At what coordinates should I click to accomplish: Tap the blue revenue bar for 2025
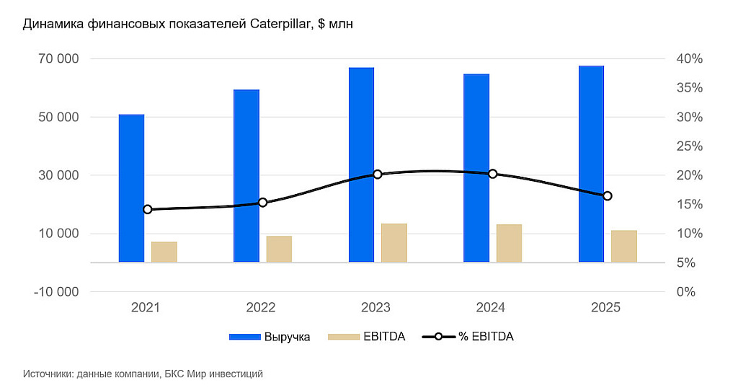coord(591,164)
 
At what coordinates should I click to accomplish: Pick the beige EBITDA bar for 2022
coord(279,249)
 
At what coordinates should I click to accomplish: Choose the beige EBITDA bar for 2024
coord(509,243)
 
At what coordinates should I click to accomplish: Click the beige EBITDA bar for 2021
coord(164,252)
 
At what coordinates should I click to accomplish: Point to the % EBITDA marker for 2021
coord(148,209)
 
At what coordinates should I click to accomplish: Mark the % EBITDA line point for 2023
coord(378,174)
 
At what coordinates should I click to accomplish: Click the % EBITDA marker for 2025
coord(608,196)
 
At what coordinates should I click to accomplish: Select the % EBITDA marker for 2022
coord(262,203)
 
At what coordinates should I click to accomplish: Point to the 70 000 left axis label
coord(57,58)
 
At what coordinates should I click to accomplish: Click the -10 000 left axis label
coord(54,292)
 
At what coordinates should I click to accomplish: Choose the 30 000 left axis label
coord(57,175)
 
